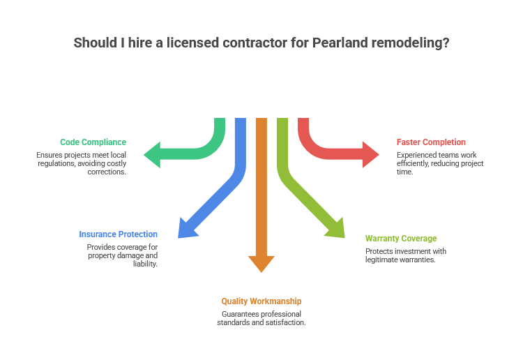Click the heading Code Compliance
click(x=93, y=142)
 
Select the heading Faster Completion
click(x=431, y=142)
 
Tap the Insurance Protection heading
click(x=118, y=234)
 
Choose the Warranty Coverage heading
click(x=401, y=239)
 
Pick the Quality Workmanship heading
click(x=261, y=301)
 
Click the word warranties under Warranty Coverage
click(x=417, y=260)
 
